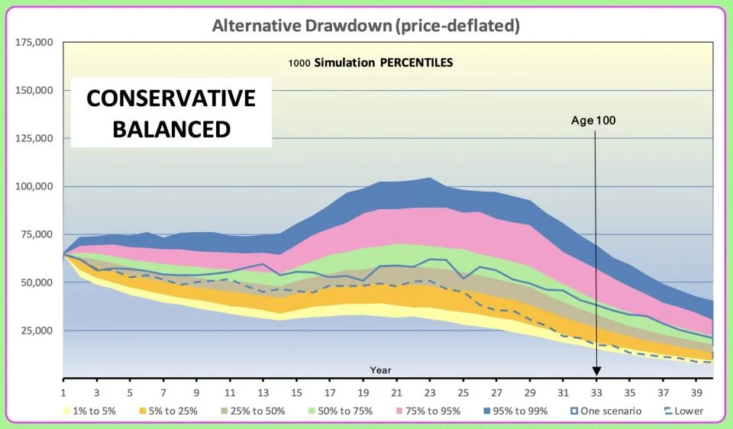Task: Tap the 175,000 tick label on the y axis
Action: (x=34, y=42)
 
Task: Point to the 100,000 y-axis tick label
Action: (x=34, y=186)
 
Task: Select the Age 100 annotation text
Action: (x=593, y=120)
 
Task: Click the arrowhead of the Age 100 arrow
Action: (x=596, y=372)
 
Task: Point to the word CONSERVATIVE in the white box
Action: (x=170, y=99)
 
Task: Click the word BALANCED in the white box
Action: (x=171, y=128)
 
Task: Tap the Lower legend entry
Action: (x=687, y=411)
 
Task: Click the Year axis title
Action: (x=380, y=370)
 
